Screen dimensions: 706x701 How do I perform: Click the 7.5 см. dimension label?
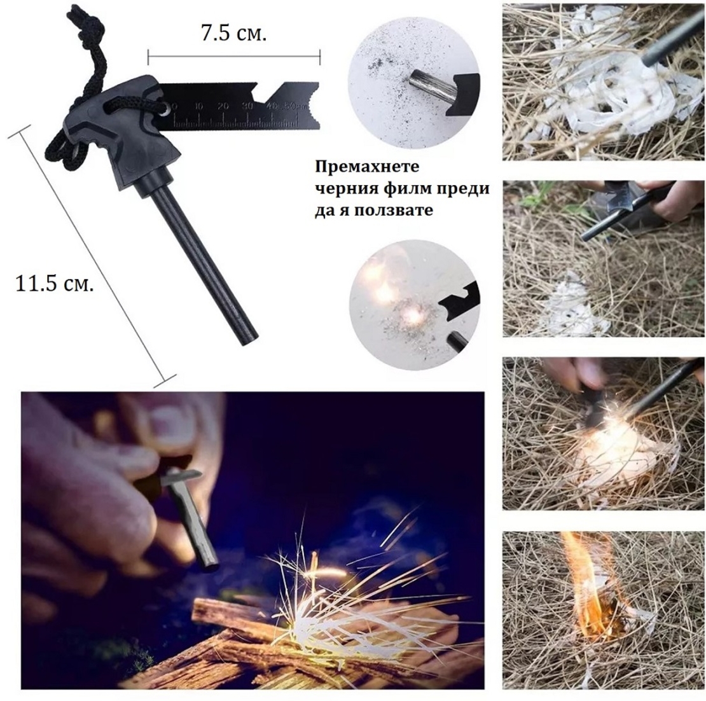tap(233, 33)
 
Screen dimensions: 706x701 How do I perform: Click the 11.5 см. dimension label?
tap(55, 284)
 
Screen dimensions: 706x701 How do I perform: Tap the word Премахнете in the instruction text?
tap(367, 167)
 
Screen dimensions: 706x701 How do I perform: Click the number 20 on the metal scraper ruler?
tap(223, 107)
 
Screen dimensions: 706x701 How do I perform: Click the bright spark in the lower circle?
tap(411, 316)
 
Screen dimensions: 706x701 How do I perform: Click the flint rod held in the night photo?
tap(192, 516)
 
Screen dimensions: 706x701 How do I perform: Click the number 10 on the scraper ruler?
tap(198, 107)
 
